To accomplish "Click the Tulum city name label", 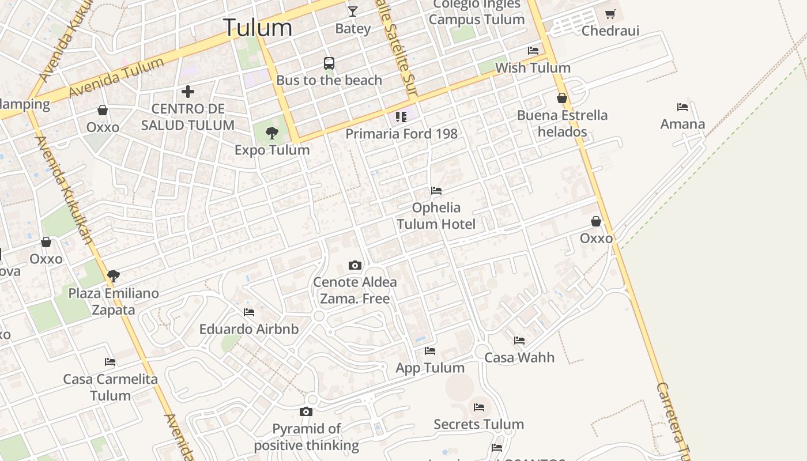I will coord(258,28).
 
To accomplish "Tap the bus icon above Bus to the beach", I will coord(329,63).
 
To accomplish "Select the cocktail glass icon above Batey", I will coord(353,11).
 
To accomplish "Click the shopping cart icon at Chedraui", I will coord(610,14).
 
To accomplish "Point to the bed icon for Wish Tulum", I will coord(533,51).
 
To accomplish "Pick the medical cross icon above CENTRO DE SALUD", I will coord(187,92).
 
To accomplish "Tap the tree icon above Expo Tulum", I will coord(271,133).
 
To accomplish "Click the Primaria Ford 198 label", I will coord(401,134).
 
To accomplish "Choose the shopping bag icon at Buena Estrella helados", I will coord(562,98).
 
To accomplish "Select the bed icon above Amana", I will coord(682,107).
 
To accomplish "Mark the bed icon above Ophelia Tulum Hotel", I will coord(436,191).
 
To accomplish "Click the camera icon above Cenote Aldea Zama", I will coord(355,266).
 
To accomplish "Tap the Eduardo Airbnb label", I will coord(249,329).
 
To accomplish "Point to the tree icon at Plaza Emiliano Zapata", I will coord(114,276).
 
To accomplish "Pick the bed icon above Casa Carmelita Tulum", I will coord(110,362).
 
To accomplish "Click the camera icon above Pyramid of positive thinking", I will coord(306,411).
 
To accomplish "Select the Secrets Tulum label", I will coord(478,425).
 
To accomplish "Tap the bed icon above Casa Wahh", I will coord(519,341).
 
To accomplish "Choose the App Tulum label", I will coord(430,368).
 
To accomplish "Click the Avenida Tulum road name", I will coord(115,78).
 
